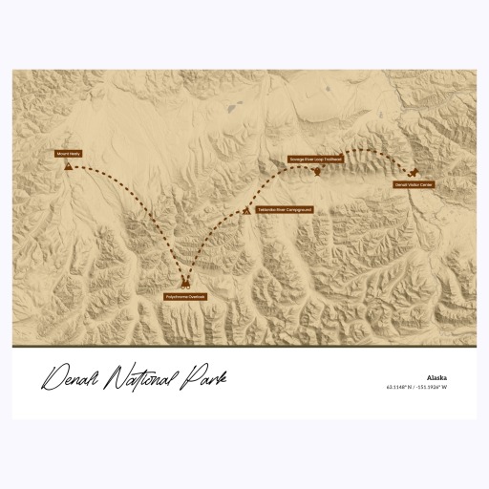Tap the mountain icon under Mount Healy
click(69, 165)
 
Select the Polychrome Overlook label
click(185, 297)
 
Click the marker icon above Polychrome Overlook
click(185, 285)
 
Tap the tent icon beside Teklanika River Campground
click(247, 209)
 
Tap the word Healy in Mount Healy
click(74, 153)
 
